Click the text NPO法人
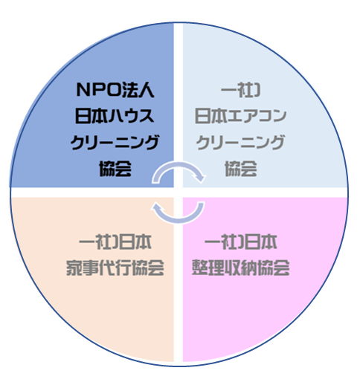[x=115, y=89]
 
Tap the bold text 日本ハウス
[x=115, y=116]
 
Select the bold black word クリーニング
[x=115, y=142]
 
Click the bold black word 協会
[x=115, y=169]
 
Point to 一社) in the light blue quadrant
[x=240, y=89]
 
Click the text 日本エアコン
[x=240, y=116]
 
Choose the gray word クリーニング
[x=240, y=142]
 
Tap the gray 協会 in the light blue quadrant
[x=241, y=169]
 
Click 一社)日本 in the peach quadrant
[x=115, y=242]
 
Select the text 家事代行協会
[x=115, y=268]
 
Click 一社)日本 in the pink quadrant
[x=241, y=242]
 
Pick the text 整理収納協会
[x=241, y=268]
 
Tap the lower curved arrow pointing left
[x=179, y=221]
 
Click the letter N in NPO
[x=83, y=89]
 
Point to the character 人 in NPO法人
[x=147, y=89]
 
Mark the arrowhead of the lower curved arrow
[x=156, y=207]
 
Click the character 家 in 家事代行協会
[x=74, y=268]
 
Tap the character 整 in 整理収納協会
[x=200, y=268]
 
